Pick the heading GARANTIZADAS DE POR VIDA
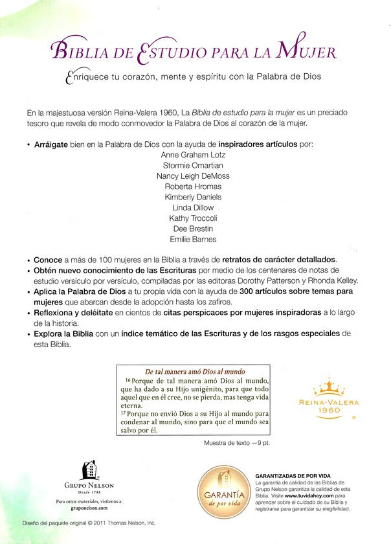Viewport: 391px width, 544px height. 296,474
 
